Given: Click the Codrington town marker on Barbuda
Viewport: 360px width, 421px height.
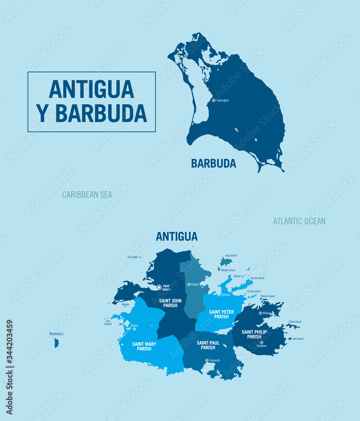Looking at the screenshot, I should [213, 100].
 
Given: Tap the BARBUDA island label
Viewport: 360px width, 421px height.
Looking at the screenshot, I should [213, 163].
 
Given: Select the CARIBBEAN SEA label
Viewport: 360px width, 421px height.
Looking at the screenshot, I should [87, 195].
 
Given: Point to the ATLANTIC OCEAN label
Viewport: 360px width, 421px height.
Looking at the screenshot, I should [299, 221].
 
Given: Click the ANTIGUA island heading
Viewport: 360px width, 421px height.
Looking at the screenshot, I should [176, 236].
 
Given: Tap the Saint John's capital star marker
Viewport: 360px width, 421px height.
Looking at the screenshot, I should [159, 288].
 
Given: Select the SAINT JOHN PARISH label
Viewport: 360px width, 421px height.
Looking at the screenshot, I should [170, 303].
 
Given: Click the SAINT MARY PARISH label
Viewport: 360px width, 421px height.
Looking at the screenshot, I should [144, 346].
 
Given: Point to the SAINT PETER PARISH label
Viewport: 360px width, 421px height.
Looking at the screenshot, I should [221, 314].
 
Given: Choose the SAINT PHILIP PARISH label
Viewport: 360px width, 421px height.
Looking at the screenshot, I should [254, 334].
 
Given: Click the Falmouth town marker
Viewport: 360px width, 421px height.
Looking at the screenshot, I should [207, 360].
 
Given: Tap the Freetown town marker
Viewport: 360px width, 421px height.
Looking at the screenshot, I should [261, 342].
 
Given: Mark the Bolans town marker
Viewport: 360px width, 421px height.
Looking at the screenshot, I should [134, 329].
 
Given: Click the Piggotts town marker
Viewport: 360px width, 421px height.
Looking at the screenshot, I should [189, 285].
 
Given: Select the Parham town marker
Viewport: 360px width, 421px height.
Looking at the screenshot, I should [219, 295].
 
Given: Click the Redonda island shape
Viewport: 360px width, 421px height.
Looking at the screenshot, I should [56, 343].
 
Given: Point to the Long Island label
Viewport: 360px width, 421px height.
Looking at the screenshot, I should [231, 256].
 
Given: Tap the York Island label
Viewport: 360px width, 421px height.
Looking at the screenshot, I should [297, 339].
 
